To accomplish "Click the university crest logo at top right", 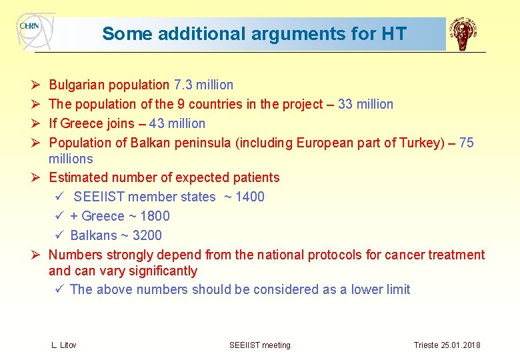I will click(463, 34).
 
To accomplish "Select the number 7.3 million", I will click(203, 85).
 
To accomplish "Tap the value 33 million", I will click(365, 104).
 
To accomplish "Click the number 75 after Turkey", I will click(467, 143).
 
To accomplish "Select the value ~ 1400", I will click(245, 197).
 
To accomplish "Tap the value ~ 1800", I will click(150, 216).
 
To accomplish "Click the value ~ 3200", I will click(141, 235).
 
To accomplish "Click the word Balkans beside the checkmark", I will click(91, 235).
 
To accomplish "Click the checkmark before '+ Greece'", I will click(59, 216).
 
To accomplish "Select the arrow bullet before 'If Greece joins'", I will click(37, 123).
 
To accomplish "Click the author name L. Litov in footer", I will click(64, 345).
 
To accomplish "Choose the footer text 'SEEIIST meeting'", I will click(260, 345).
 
